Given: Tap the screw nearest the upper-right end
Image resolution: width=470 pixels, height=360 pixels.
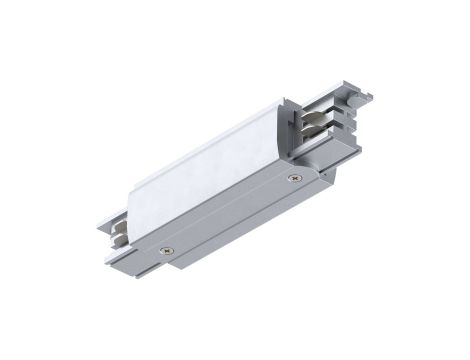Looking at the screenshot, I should coord(293,179).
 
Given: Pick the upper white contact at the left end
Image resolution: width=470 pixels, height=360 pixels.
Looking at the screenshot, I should coord(118,227).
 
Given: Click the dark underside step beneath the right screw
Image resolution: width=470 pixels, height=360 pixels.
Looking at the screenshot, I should coord(300,200).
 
